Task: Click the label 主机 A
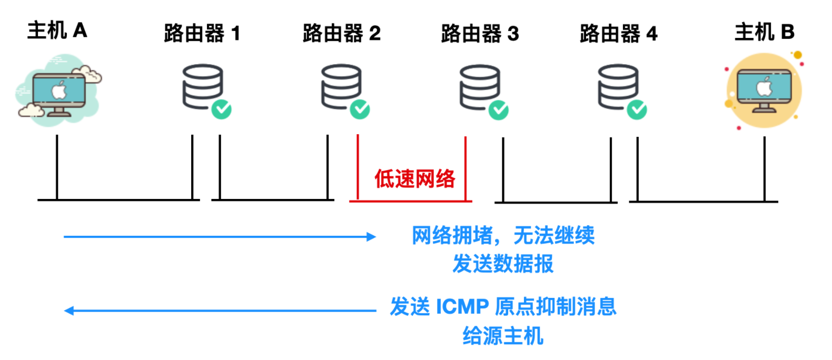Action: click(x=57, y=31)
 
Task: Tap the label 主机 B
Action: click(x=764, y=32)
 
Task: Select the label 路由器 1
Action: click(x=202, y=34)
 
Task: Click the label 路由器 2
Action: click(x=341, y=34)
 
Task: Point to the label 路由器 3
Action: click(x=480, y=34)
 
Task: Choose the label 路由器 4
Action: click(x=618, y=34)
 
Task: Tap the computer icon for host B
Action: click(x=764, y=90)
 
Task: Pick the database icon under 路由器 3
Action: click(x=479, y=87)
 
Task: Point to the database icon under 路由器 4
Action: click(x=618, y=86)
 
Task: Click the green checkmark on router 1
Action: click(x=222, y=109)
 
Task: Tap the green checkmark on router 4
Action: click(x=637, y=109)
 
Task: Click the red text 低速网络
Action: click(x=414, y=179)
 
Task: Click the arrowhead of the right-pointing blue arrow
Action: click(x=372, y=237)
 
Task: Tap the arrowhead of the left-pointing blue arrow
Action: click(x=68, y=311)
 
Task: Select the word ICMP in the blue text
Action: click(x=462, y=307)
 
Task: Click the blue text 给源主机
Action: click(x=502, y=336)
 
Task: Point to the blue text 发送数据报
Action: click(x=503, y=264)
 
